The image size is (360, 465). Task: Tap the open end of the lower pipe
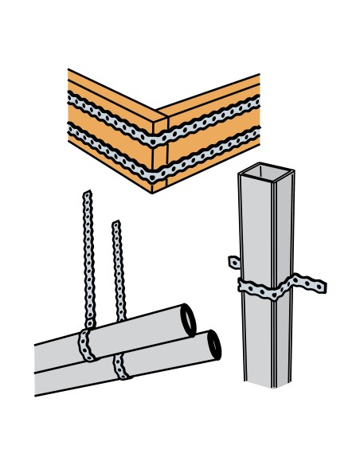[x=213, y=345]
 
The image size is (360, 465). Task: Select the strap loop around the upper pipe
[x=85, y=344]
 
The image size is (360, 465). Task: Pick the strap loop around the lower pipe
[x=121, y=366]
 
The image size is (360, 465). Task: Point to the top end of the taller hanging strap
[x=86, y=193]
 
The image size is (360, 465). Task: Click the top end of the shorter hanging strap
[x=116, y=225]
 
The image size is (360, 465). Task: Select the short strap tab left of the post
[x=233, y=261]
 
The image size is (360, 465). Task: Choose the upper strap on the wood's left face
[x=112, y=111]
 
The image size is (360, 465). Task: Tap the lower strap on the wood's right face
[x=212, y=150]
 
